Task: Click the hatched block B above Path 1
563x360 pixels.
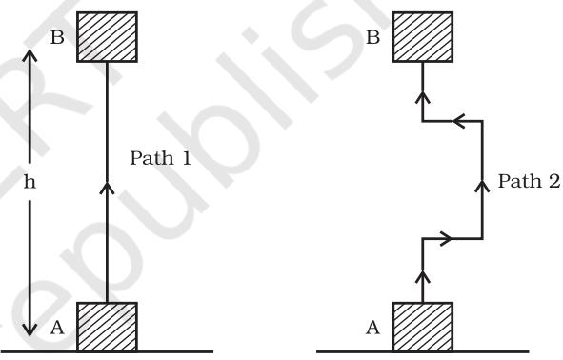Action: [x=107, y=37]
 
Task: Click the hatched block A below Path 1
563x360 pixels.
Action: [x=107, y=327]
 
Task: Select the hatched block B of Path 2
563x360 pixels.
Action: [x=423, y=37]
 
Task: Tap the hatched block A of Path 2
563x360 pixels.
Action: [x=423, y=327]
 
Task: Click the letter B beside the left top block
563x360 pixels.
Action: [x=57, y=37]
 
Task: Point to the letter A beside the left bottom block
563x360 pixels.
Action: [x=57, y=328]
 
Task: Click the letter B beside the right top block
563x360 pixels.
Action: [x=372, y=37]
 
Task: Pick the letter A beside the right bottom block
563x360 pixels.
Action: [x=372, y=328]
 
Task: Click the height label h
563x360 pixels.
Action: [x=30, y=182]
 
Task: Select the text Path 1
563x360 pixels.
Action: [x=160, y=158]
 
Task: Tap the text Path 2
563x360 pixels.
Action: [x=529, y=181]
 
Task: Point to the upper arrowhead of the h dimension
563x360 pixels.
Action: [x=30, y=55]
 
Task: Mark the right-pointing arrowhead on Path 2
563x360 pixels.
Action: [x=446, y=238]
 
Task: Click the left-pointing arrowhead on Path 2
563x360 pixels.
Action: [x=459, y=121]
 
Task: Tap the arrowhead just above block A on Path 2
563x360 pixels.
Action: [x=423, y=277]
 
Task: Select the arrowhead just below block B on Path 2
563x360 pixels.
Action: [x=423, y=98]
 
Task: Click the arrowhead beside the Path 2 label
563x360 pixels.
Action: [x=482, y=186]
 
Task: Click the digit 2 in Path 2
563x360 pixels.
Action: [x=554, y=181]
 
